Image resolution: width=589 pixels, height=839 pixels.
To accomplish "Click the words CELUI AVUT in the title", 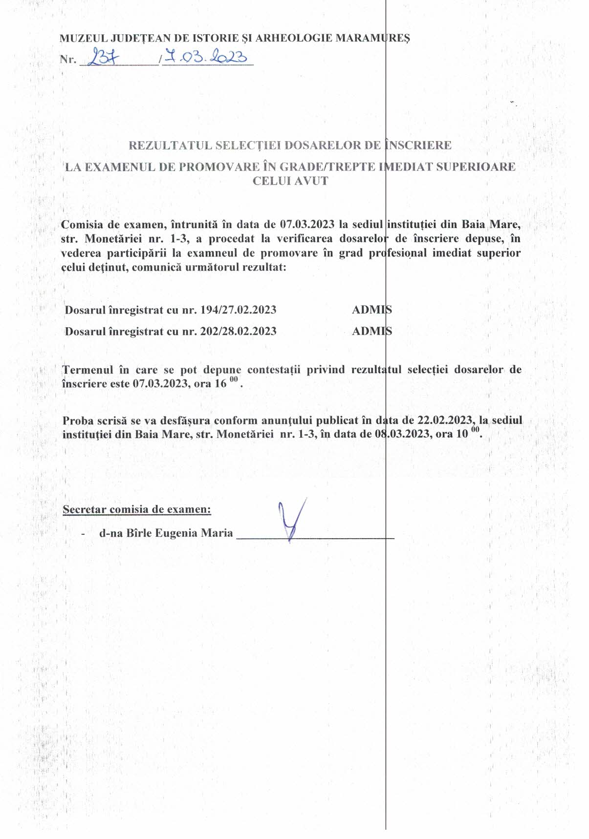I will tap(290, 181).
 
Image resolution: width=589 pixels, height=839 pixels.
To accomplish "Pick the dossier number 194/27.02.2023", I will tap(239, 310).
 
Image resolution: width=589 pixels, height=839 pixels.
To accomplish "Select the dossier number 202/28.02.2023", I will tap(239, 331).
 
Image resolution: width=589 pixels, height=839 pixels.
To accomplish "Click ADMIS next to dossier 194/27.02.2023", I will tap(372, 310).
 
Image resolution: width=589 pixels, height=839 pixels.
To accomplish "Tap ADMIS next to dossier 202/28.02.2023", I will tap(372, 331).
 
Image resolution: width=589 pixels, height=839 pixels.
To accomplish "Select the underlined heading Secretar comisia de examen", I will tap(137, 509).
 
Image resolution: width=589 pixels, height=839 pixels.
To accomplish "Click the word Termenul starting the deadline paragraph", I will tap(87, 370).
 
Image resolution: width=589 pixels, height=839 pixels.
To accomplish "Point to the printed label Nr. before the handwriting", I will tap(68, 60).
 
